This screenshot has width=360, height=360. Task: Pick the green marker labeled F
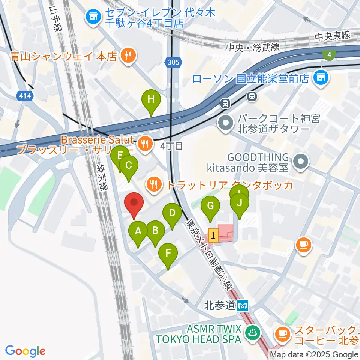pos(168,253)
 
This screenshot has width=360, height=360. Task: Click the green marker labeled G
pos(210,206)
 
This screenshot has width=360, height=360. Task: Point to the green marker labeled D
pos(172,214)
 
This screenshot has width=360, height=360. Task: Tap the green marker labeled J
pos(240,203)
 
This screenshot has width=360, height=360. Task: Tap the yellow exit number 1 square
pos(213,236)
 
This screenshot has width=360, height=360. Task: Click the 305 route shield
pos(173,61)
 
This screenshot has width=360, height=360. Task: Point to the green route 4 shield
pos(329,55)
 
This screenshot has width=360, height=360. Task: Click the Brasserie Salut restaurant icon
pos(144,142)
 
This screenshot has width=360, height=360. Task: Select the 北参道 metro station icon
pos(243,305)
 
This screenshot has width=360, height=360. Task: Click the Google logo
pos(25,351)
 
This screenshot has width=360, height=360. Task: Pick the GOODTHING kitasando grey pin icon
pos(301,162)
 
